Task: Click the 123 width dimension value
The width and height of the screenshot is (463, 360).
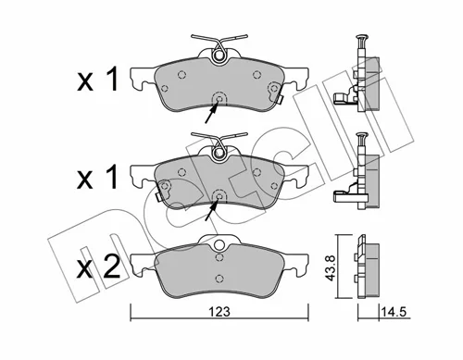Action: click(x=219, y=312)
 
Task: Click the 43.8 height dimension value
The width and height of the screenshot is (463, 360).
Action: click(x=330, y=267)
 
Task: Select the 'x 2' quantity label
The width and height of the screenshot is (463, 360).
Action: click(x=98, y=267)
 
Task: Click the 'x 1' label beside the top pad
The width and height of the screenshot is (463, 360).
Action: click(x=97, y=80)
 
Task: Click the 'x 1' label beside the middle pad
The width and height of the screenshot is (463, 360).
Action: click(x=97, y=177)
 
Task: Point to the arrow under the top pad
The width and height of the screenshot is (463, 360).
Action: click(x=212, y=113)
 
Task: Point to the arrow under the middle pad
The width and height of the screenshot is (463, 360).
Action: click(x=212, y=210)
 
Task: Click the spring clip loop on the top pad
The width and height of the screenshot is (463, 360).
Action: click(x=219, y=55)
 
